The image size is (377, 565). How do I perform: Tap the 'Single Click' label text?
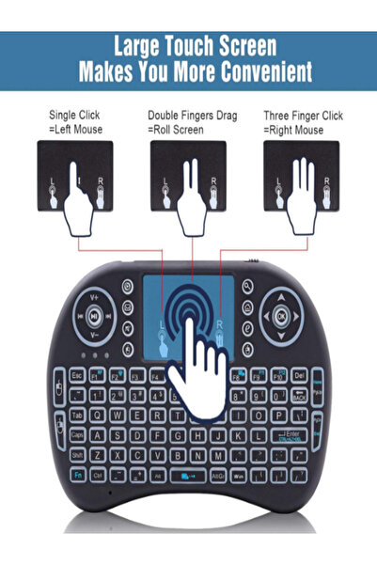pos(73,116)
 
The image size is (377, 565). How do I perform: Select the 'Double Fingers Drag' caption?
pos(192,116)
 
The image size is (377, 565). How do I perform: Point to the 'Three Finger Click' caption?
pos(304,116)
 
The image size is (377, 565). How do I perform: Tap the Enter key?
pos(301,432)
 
